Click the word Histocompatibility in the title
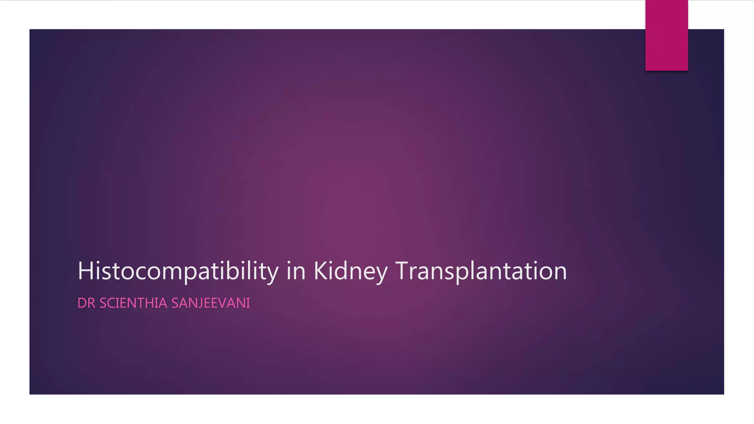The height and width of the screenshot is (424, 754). point(178,271)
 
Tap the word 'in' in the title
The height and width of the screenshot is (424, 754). point(296,271)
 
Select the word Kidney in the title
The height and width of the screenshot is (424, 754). point(350,271)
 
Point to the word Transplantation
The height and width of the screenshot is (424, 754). point(481,271)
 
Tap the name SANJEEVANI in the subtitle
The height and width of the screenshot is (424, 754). point(211,303)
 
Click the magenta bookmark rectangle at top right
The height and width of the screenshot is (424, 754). point(666,35)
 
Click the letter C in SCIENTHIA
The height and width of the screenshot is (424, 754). point(112,303)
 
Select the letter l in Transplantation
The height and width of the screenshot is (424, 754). point(472,271)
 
